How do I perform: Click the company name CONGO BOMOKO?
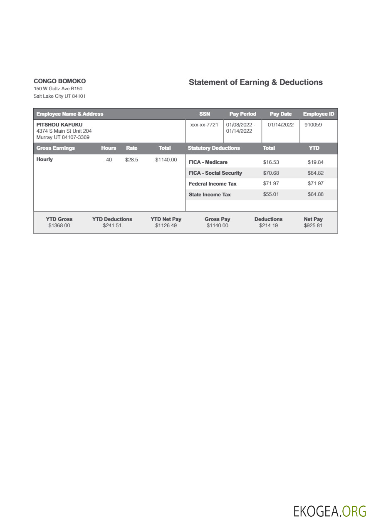[59, 81]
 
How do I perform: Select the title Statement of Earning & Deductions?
[255, 82]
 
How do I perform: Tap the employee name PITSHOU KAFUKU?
[59, 124]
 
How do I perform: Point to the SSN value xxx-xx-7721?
[204, 124]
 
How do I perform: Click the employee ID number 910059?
[313, 124]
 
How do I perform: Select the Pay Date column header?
[281, 114]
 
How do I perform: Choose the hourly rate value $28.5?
[131, 160]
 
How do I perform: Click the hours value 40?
[109, 160]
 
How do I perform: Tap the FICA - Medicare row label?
[208, 162]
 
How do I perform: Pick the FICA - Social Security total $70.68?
[271, 173]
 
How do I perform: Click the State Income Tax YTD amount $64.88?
[315, 194]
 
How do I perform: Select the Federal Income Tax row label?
[213, 184]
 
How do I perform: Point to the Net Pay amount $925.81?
[313, 225]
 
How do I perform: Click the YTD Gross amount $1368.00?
[59, 225]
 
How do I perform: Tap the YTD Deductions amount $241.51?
[112, 225]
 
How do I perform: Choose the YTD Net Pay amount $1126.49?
[166, 225]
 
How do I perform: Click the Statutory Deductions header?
[214, 148]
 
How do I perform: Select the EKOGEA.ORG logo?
[329, 511]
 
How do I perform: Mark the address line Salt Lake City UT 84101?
[59, 96]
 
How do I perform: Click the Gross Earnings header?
[56, 148]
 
